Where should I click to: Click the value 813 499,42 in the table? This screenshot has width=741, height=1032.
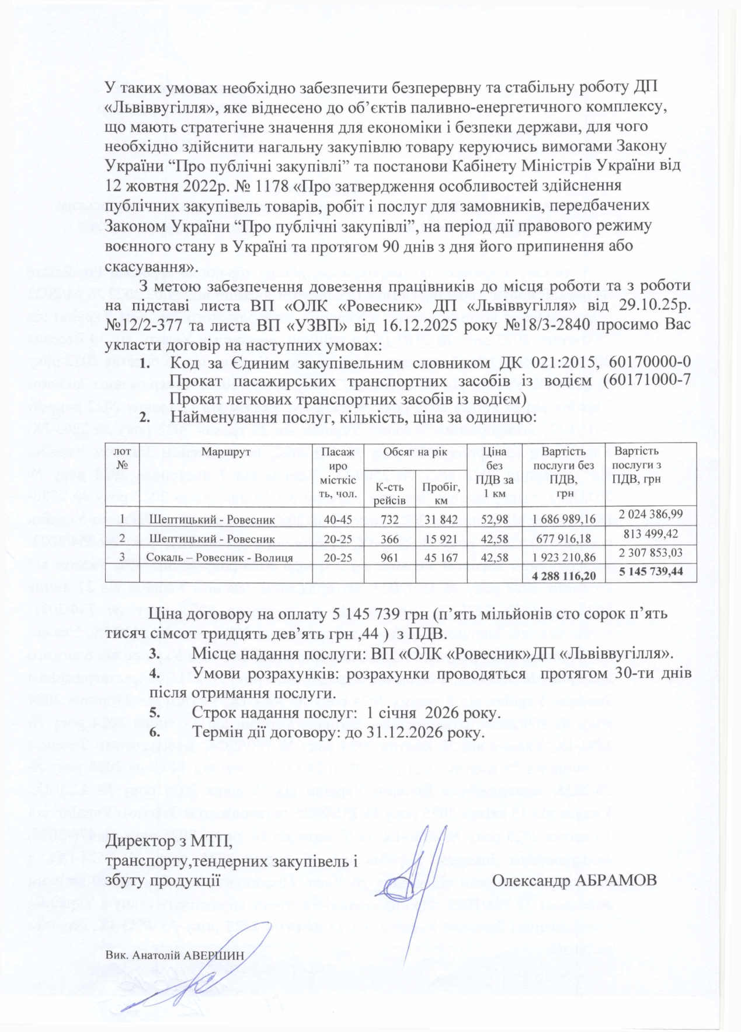click(651, 534)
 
